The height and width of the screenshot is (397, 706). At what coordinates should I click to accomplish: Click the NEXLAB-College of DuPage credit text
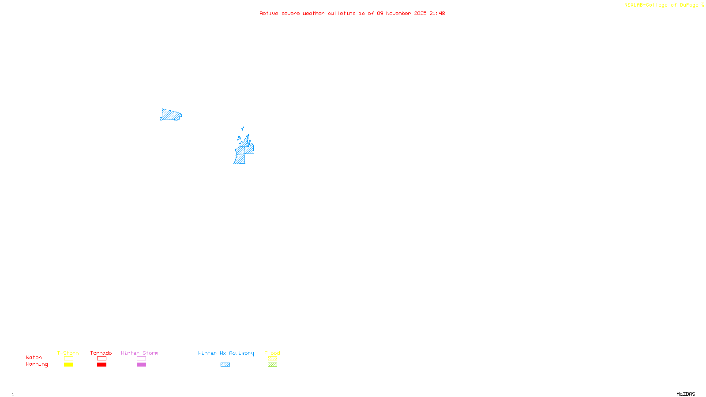point(661,5)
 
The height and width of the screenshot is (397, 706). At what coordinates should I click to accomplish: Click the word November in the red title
point(398,14)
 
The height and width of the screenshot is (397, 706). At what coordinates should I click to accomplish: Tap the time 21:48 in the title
point(437,14)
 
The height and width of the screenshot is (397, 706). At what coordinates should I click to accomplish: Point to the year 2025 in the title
point(420,14)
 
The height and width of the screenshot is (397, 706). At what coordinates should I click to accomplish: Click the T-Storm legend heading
point(68,353)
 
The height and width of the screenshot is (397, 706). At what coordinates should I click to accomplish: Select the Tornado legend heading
point(101,353)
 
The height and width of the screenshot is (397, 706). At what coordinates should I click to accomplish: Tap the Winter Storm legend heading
point(139,353)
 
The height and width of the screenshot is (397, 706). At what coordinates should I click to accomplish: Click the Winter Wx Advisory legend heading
point(226,353)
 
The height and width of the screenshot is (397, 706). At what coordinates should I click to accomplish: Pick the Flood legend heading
point(272,353)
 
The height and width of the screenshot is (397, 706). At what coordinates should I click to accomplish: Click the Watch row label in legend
point(34,358)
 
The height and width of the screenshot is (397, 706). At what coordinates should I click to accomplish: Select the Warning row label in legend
point(37,364)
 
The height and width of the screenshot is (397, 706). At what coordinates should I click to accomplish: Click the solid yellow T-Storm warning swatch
point(68,365)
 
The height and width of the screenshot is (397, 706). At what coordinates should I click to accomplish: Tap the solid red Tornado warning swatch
point(101,365)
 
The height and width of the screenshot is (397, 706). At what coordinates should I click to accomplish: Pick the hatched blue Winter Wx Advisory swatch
point(225,365)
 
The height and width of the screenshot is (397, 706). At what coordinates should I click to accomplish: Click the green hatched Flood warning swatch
point(272,365)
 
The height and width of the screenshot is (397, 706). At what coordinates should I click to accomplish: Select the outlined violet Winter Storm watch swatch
point(141,359)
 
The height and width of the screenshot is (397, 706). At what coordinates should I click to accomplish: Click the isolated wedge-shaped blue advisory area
point(170,115)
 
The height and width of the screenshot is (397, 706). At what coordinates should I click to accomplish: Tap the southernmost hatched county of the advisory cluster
point(240,159)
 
